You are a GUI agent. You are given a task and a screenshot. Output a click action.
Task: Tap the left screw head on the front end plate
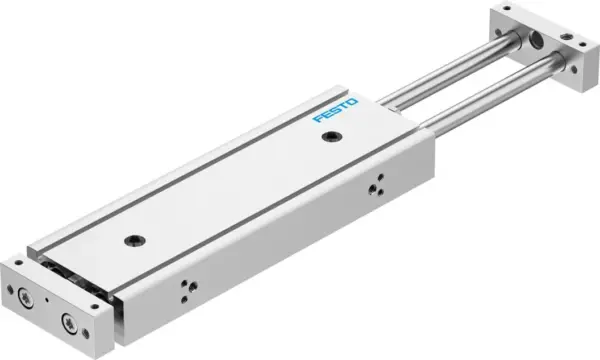pyautogui.click(x=25, y=295)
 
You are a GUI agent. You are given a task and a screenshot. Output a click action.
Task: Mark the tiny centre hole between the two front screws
pyautogui.click(x=46, y=308)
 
